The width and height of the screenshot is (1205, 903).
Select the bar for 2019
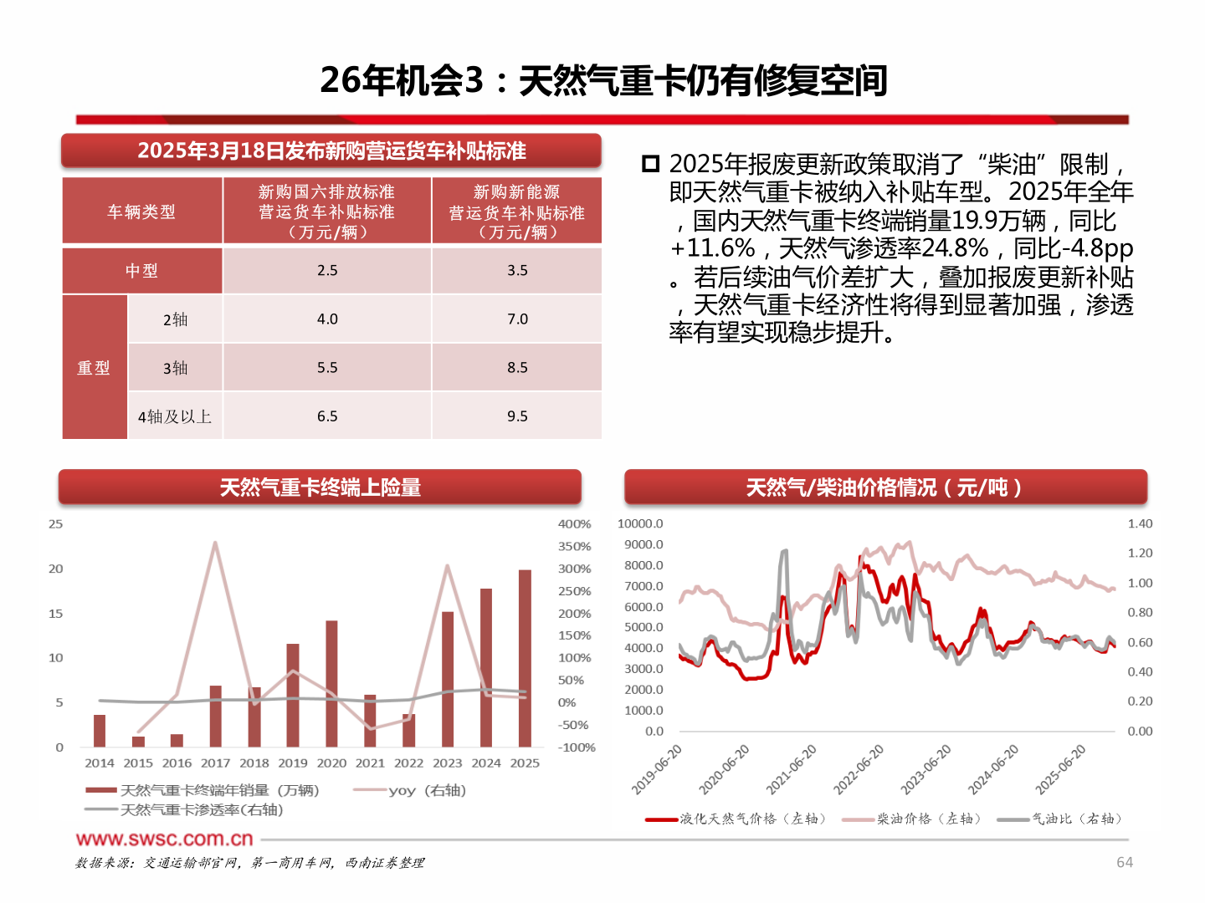293,695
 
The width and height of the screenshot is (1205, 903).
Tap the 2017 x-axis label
215,763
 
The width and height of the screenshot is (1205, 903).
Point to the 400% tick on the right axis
574,524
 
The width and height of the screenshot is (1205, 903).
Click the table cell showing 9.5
517,416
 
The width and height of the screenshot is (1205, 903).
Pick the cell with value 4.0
327,319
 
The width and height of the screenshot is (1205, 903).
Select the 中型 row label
142,270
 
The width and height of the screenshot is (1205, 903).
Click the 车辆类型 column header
142,212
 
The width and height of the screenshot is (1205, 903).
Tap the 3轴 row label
175,367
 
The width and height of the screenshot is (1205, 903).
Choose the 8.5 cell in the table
517,367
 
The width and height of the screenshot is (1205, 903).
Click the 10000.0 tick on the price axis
640,523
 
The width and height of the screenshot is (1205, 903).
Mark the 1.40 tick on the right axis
1140,523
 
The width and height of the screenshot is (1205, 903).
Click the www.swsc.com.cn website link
164,839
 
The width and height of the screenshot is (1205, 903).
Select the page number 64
1125,862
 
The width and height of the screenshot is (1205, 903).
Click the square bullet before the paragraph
650,164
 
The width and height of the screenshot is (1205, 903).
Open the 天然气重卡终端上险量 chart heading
320,487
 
